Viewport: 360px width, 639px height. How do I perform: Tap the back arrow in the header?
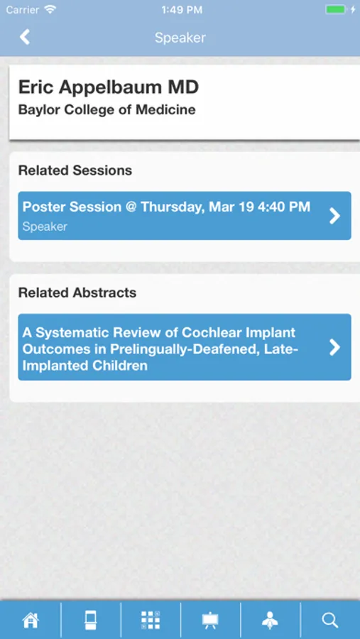tap(25, 37)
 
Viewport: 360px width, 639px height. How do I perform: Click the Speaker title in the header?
tap(180, 38)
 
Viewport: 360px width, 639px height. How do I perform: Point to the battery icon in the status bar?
tap(336, 9)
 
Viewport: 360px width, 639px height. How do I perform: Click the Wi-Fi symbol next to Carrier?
tap(50, 9)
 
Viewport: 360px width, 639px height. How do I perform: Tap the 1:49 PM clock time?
tap(182, 10)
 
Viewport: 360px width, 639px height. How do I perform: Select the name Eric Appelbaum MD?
tap(109, 87)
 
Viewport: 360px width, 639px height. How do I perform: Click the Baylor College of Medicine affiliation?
tap(107, 109)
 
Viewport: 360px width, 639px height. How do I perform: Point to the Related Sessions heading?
tap(75, 170)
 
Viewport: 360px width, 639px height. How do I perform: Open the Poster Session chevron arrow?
tap(334, 216)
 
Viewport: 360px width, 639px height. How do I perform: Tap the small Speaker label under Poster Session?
tap(45, 226)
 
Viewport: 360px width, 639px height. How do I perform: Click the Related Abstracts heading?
tap(77, 293)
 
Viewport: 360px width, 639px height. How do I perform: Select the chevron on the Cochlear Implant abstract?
tap(334, 347)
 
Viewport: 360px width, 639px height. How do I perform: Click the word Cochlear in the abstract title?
tap(211, 332)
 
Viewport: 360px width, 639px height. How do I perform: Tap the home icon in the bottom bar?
tap(31, 621)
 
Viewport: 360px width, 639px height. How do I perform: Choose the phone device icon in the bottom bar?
tap(90, 621)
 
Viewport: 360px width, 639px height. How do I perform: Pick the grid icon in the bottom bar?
tap(151, 621)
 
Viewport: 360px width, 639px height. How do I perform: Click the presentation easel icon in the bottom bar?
tap(210, 621)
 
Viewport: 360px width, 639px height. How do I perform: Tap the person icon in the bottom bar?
tap(271, 621)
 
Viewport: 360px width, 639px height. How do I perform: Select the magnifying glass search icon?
tap(330, 621)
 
